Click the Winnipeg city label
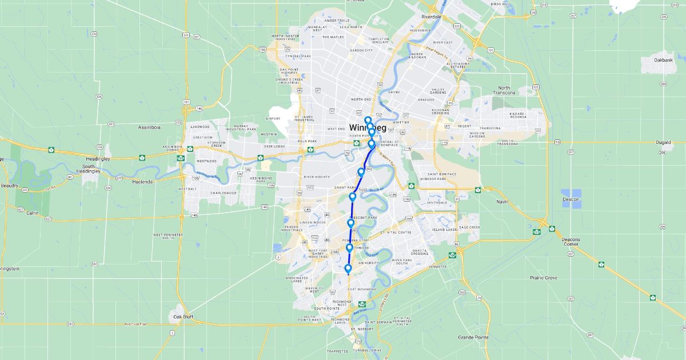click(x=368, y=127)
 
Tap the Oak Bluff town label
click(x=185, y=316)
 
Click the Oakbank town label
click(x=664, y=59)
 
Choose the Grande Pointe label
click(x=473, y=337)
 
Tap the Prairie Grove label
click(x=527, y=278)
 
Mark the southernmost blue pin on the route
click(x=348, y=269)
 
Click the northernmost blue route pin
click(x=368, y=121)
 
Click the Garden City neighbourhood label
click(x=361, y=50)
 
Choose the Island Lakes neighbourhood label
click(x=445, y=230)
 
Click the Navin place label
click(x=502, y=202)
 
